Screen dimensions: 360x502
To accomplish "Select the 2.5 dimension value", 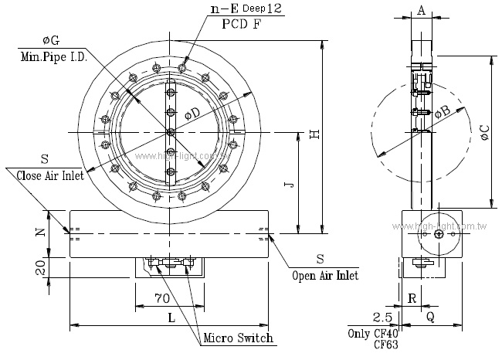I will point(382,318).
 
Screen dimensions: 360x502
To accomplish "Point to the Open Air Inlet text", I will point(324,274).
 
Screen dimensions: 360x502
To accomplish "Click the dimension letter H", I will point(314,134).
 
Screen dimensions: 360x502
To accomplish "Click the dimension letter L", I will point(170,317).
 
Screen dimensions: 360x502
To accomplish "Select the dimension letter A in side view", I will point(421,9).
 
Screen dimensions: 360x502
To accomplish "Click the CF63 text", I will point(385,345).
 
